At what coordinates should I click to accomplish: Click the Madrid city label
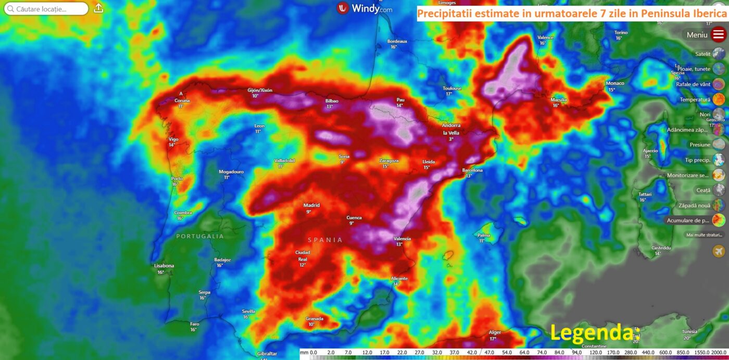[x=312, y=205]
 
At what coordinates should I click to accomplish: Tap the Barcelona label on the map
[x=473, y=170]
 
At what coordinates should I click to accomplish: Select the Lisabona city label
[x=164, y=266]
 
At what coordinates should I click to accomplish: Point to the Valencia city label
[x=402, y=239]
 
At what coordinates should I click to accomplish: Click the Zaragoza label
[x=389, y=161]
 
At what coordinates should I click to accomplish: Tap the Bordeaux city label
[x=397, y=41]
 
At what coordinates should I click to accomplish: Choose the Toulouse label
[x=452, y=89]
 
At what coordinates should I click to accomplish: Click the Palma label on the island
[x=484, y=235]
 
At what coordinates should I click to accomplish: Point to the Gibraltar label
[x=267, y=354]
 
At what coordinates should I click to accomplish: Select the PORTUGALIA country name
[x=200, y=236]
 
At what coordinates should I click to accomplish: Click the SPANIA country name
[x=325, y=240]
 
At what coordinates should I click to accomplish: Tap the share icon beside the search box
[x=98, y=8]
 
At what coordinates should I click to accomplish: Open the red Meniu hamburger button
[x=719, y=35]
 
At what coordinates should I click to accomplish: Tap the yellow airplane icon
[x=719, y=251]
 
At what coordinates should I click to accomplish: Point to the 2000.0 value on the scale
[x=718, y=353]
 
